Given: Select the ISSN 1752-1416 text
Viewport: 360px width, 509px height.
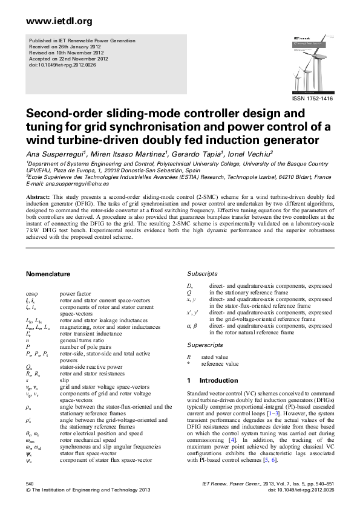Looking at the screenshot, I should coord(312,98).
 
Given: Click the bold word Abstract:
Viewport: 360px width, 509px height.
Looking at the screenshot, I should coord(38,197).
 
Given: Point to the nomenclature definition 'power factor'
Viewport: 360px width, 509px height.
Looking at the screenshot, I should coord(74,293).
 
